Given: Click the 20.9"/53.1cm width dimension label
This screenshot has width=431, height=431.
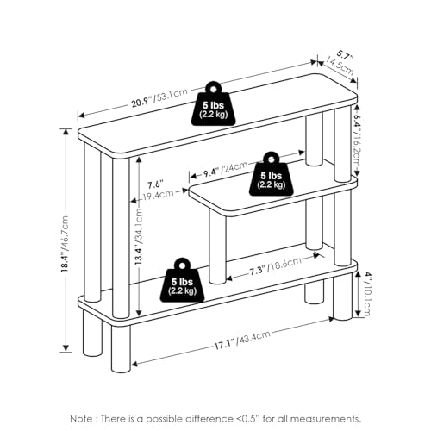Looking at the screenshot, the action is pyautogui.click(x=159, y=98).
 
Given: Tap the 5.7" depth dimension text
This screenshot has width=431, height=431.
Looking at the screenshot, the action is pyautogui.click(x=345, y=55).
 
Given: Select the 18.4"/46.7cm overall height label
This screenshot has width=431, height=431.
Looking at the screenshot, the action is pyautogui.click(x=66, y=244).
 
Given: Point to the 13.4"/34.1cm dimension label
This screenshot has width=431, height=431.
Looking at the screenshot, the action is pyautogui.click(x=139, y=236).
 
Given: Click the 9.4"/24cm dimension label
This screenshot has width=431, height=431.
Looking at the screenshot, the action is pyautogui.click(x=225, y=170).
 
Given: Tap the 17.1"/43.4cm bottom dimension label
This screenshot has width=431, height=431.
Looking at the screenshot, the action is pyautogui.click(x=242, y=340).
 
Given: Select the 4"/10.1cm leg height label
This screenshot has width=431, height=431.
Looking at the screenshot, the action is pyautogui.click(x=367, y=294).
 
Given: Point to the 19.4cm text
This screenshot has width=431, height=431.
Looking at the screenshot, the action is pyautogui.click(x=159, y=196).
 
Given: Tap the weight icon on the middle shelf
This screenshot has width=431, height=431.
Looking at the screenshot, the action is pyautogui.click(x=272, y=174).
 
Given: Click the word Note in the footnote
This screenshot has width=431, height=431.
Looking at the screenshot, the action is pyautogui.click(x=81, y=419).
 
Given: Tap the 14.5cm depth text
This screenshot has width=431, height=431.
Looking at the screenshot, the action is pyautogui.click(x=339, y=66).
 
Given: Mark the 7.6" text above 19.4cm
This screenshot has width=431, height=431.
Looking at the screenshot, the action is pyautogui.click(x=155, y=184).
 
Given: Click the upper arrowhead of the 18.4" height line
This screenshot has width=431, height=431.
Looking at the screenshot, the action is pyautogui.click(x=66, y=133).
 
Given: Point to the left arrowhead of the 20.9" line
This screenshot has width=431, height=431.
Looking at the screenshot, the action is pyautogui.click(x=82, y=116).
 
